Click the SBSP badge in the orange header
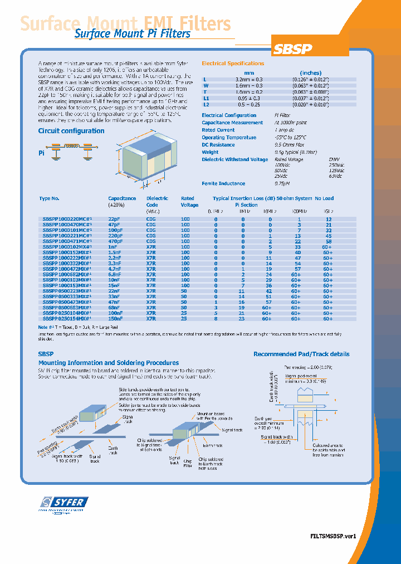[292, 49]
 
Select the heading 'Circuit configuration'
[71, 131]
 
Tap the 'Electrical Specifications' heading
[232, 64]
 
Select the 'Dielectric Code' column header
[157, 201]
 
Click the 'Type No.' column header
[49, 198]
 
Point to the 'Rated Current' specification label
[218, 130]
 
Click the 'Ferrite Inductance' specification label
[223, 183]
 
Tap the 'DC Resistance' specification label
[218, 145]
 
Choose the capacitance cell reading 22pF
[114, 220]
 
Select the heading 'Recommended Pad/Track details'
[301, 354]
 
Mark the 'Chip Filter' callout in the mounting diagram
[188, 463]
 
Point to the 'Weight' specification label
[210, 152]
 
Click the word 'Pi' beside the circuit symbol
[41, 153]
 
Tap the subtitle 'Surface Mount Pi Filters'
[132, 33]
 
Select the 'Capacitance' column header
[122, 198]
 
